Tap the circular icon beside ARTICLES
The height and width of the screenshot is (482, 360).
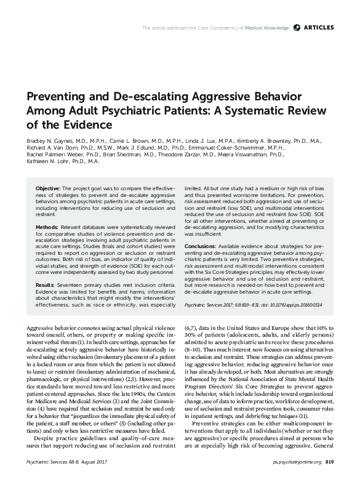[x=298, y=28]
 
